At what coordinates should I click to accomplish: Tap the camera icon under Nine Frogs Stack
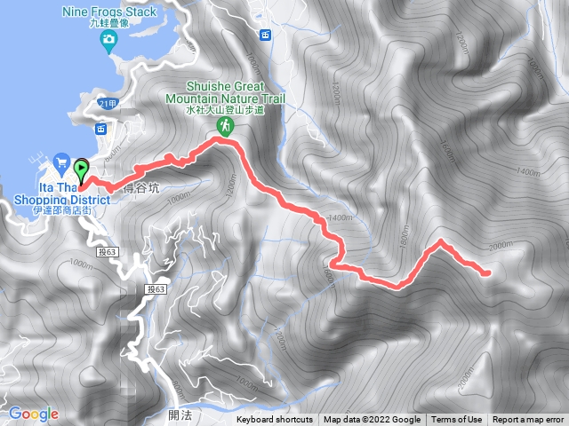click(x=108, y=39)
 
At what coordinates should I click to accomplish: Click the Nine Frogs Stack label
click(x=109, y=12)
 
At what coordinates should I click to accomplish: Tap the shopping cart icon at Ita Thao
click(x=60, y=162)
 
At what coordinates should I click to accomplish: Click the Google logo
click(x=33, y=414)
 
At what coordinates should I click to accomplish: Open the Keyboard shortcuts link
click(x=275, y=420)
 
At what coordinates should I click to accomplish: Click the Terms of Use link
click(x=457, y=420)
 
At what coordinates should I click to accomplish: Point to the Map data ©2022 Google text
click(x=372, y=420)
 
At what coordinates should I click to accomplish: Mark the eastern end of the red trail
click(x=487, y=273)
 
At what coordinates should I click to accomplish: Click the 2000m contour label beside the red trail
click(x=501, y=246)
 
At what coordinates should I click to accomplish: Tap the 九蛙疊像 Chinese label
click(x=109, y=24)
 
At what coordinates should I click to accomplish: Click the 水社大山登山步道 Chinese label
click(x=225, y=111)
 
